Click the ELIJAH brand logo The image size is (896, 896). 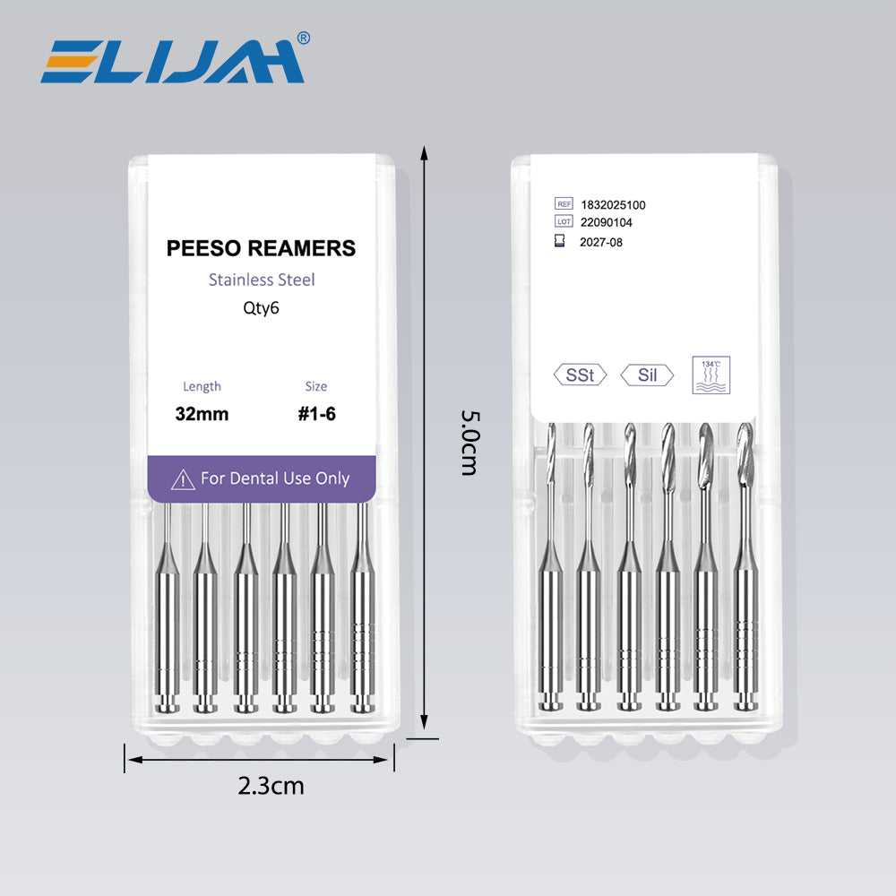[x=172, y=61]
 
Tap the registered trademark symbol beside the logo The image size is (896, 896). [x=304, y=38]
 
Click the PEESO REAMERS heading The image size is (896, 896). [x=261, y=248]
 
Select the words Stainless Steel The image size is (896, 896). [x=262, y=280]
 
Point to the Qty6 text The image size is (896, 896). [x=261, y=308]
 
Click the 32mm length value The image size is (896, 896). [x=202, y=414]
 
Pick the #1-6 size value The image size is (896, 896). [x=316, y=414]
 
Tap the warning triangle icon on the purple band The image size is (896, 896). [x=183, y=479]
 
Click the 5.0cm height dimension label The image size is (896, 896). [x=470, y=443]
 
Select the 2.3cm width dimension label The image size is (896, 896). [x=271, y=787]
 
